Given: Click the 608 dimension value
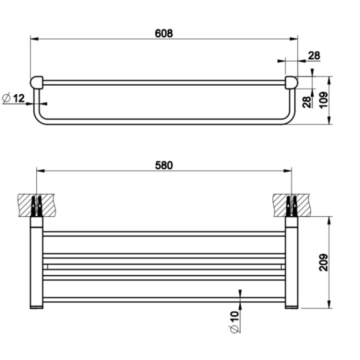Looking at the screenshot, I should click(164, 33).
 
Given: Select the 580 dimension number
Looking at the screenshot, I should click(163, 165).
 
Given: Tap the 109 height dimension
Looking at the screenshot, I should click(323, 100).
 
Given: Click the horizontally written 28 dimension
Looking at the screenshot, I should click(314, 55).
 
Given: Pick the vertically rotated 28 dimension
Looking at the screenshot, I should click(305, 101).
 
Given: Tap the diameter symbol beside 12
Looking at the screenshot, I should click(6, 98).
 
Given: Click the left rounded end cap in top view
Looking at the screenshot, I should click(37, 81).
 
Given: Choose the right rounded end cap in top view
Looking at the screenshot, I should click(290, 82).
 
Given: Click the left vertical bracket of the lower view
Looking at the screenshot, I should click(36, 262).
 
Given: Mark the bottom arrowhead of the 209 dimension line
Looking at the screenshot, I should click(329, 304).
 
